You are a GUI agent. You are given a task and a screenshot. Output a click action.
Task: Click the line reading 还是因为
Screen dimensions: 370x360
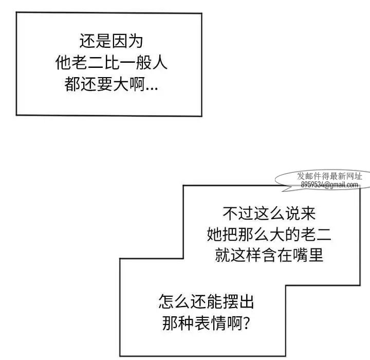111,41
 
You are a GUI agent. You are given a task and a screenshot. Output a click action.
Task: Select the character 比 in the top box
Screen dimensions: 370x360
111,63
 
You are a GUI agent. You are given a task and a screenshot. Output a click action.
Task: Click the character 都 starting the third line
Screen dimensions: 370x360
72,84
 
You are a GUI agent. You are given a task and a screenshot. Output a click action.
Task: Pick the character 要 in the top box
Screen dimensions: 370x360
104,84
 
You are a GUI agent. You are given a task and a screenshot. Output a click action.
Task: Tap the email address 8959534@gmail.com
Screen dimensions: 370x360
329,185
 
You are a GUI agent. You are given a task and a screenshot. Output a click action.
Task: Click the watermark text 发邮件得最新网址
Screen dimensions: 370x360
329,176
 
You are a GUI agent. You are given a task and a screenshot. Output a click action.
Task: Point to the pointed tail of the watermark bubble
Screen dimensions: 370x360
283,191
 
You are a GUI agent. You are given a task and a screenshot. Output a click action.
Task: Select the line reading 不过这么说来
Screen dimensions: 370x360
269,213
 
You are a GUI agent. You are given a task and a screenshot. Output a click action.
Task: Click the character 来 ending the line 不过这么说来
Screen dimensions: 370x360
308,213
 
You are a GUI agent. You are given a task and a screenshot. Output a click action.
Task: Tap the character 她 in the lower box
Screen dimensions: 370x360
215,235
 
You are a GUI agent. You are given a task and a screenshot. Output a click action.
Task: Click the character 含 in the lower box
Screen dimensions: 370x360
269,255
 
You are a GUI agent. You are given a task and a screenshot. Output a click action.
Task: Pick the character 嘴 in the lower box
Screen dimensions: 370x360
300,255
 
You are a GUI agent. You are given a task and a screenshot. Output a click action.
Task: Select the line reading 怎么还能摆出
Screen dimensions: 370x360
206,301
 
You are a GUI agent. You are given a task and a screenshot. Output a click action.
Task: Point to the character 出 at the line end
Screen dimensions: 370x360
246,301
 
